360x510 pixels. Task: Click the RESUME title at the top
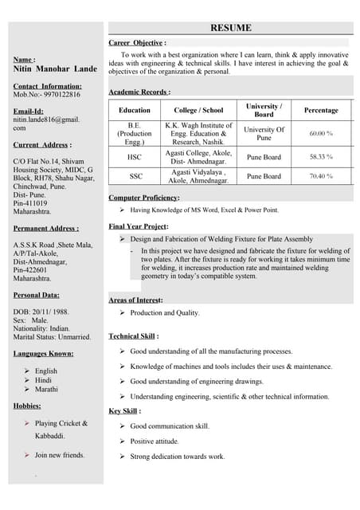click(x=230, y=28)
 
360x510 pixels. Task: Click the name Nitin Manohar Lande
click(x=55, y=69)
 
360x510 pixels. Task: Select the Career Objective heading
click(x=137, y=41)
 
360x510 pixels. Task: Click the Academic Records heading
click(x=139, y=92)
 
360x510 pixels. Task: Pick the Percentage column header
click(x=321, y=110)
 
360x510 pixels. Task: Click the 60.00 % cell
click(x=321, y=133)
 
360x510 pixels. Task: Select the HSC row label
click(x=135, y=157)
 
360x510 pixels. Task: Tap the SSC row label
click(x=135, y=176)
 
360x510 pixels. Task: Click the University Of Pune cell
click(x=264, y=133)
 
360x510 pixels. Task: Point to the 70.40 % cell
click(x=321, y=176)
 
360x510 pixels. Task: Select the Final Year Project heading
click(x=138, y=226)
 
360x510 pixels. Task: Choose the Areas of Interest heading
click(x=135, y=300)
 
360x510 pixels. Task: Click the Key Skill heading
click(x=125, y=411)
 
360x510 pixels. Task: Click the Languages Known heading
click(x=44, y=353)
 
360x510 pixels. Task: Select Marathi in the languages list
click(x=47, y=390)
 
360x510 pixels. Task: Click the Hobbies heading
click(x=33, y=406)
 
